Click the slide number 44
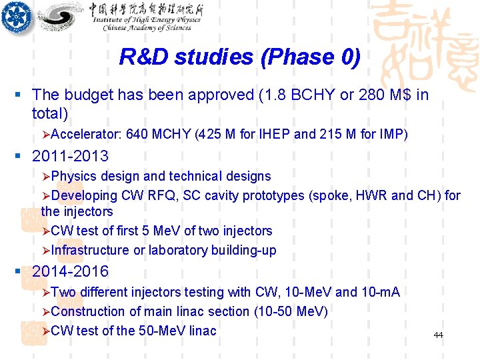click(438, 335)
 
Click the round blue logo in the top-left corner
click(16, 17)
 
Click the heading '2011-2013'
click(70, 156)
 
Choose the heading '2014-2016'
click(70, 271)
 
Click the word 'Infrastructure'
click(90, 250)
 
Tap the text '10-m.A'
click(381, 292)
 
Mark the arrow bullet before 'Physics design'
click(45, 177)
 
